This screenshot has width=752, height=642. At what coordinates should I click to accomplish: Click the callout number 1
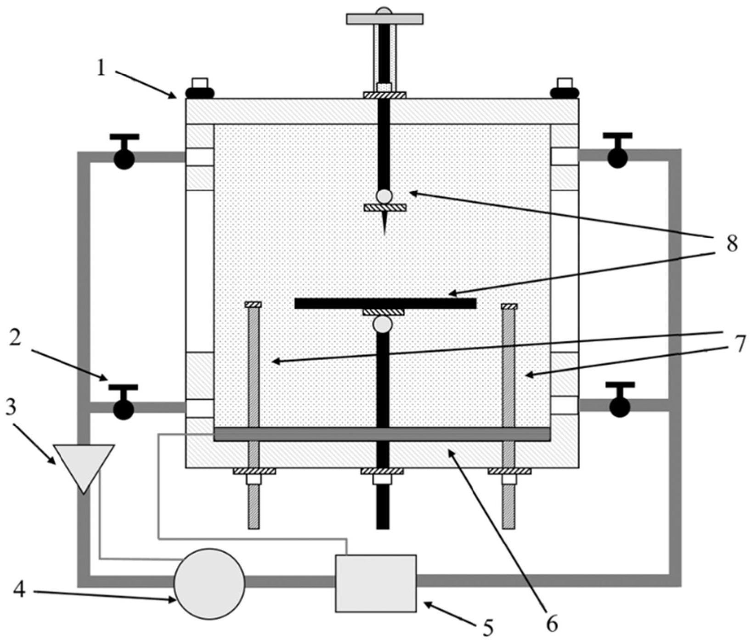click(102, 69)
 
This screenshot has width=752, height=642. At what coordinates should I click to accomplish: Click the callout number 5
click(488, 627)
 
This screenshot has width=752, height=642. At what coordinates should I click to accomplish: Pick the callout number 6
click(552, 624)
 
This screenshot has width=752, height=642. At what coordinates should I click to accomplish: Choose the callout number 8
click(731, 244)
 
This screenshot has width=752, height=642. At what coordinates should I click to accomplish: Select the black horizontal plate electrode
click(385, 303)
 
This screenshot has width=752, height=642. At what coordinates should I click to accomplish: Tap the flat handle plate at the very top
click(384, 19)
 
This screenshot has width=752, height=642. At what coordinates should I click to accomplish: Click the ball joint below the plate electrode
click(382, 324)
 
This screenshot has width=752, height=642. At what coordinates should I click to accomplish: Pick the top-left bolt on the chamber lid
click(199, 90)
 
